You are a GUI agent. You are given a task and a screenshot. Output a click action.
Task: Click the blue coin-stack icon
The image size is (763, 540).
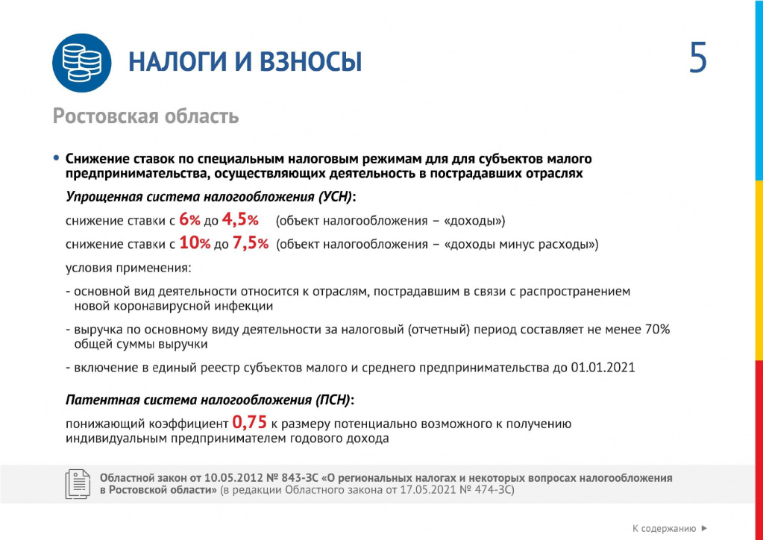click(81, 63)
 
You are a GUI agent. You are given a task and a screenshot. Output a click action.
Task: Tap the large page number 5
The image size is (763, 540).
click(697, 60)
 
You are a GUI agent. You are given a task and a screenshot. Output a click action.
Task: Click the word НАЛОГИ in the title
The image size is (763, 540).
click(176, 63)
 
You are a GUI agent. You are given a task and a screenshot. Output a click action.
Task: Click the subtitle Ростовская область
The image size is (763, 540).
click(145, 116)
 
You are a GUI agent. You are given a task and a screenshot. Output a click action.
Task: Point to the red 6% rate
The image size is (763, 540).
click(190, 221)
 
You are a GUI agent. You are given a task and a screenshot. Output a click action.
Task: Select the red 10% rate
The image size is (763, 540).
click(195, 244)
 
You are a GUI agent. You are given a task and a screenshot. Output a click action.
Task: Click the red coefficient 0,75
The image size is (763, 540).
click(250, 423)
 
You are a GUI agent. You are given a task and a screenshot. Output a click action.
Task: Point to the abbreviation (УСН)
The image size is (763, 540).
click(335, 197)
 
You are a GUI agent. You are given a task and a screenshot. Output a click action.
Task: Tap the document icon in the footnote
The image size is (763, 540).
click(78, 484)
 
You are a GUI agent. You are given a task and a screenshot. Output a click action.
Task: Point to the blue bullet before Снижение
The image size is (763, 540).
click(56, 158)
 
